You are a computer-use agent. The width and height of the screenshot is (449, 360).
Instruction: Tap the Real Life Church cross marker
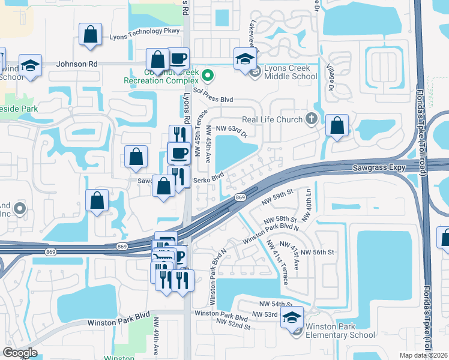pyautogui.click(x=311, y=119)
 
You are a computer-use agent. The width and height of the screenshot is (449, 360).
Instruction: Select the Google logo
pyautogui.click(x=20, y=353)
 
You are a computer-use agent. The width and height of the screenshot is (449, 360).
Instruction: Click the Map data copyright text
pyautogui.click(x=424, y=355)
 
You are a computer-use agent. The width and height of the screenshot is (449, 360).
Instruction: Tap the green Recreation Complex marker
pyautogui.click(x=208, y=76)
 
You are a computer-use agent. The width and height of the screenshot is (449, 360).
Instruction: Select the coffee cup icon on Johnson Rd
pyautogui.click(x=179, y=59)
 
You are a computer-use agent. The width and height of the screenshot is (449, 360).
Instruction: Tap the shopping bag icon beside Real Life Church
pyautogui.click(x=337, y=126)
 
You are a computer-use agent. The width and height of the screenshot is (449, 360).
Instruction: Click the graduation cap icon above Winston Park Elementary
pyautogui.click(x=292, y=317)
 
